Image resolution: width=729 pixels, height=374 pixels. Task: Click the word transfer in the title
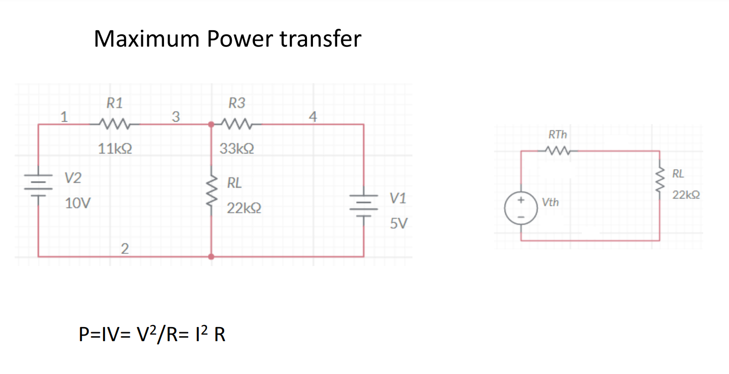click(321, 39)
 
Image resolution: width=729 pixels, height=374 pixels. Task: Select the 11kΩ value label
click(116, 149)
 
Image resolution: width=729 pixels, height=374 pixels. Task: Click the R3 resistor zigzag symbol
click(237, 124)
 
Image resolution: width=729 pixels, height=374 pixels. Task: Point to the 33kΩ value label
click(237, 149)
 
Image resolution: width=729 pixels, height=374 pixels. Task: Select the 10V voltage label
click(78, 204)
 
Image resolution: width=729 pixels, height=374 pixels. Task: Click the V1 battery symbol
click(364, 206)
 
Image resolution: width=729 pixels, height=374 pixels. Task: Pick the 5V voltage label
click(399, 224)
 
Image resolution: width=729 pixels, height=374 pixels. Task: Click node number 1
click(64, 117)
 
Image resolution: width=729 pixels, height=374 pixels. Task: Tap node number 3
click(175, 117)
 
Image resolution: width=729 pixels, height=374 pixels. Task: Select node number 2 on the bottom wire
click(125, 248)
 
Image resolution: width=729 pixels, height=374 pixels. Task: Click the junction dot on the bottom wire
click(212, 256)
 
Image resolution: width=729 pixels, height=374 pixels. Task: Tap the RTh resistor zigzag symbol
click(558, 150)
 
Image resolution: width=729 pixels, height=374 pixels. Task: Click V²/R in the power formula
click(155, 335)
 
